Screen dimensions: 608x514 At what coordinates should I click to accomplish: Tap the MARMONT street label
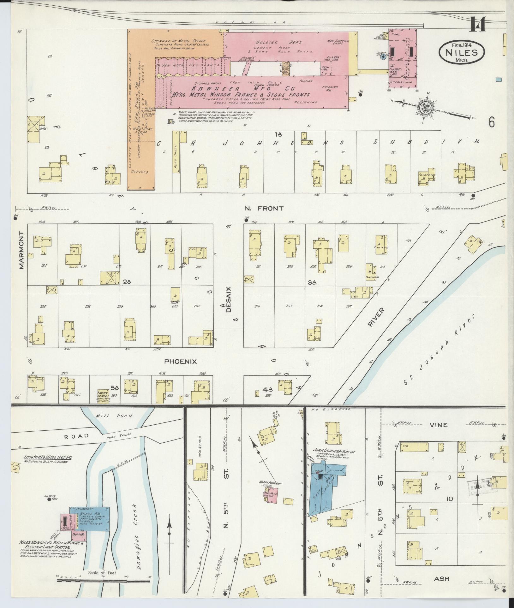[x=21, y=250]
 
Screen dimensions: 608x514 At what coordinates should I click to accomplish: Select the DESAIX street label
[x=229, y=300]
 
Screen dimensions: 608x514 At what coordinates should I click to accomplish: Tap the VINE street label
[x=439, y=425]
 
